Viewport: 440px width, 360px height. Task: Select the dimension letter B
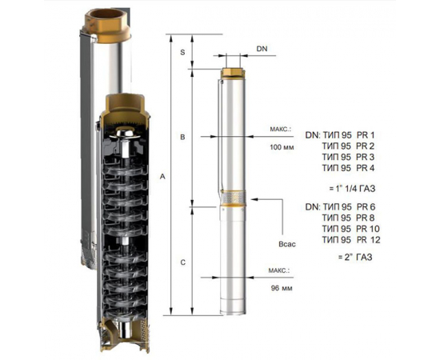coord(183,138)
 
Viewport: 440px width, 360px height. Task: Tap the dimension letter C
coord(183,262)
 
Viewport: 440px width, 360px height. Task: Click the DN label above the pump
coord(262,50)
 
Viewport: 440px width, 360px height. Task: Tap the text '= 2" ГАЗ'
coord(350,257)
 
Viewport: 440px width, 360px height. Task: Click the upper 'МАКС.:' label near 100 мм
coord(284,127)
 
